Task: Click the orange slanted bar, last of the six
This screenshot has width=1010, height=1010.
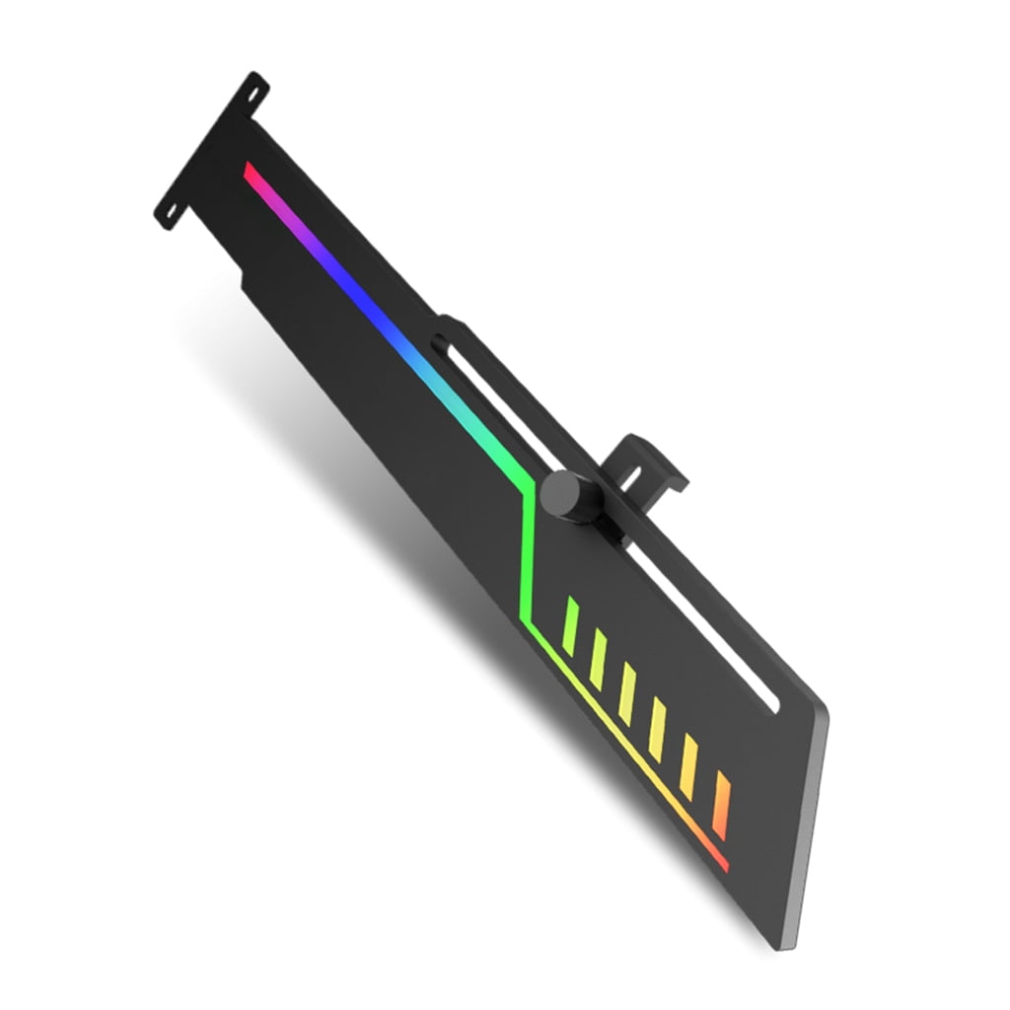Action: click(722, 805)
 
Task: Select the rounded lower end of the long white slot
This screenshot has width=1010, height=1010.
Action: click(773, 702)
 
